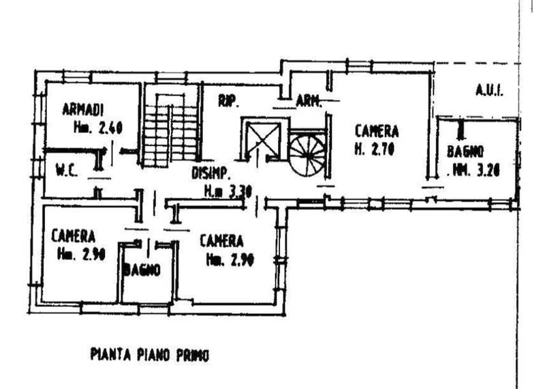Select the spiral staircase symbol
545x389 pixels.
307,154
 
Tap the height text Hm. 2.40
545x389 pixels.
97,127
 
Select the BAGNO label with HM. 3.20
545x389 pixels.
465,152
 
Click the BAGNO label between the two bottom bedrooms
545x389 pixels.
142,269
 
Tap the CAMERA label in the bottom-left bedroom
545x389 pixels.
73,237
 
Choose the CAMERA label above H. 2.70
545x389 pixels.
376,131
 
